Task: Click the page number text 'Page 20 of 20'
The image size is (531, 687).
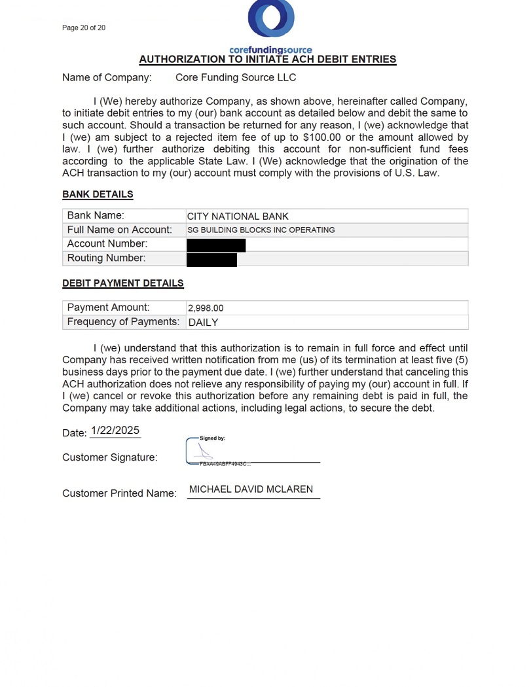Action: (84, 27)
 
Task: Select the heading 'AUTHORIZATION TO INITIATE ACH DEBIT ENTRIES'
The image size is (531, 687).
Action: (267, 59)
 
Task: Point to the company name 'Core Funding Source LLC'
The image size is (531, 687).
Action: (236, 77)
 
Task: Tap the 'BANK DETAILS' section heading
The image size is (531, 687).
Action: (98, 194)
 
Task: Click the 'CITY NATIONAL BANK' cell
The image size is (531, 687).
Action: (238, 216)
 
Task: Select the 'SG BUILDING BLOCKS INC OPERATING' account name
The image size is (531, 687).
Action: (261, 230)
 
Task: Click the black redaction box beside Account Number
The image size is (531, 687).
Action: (216, 245)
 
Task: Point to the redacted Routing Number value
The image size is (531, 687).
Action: (211, 259)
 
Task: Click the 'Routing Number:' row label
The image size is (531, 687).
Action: (106, 258)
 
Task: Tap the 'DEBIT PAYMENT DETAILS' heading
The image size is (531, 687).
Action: (122, 283)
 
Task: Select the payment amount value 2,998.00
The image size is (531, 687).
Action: (206, 308)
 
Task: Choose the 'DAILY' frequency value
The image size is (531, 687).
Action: (203, 322)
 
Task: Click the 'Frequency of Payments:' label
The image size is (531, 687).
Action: (123, 321)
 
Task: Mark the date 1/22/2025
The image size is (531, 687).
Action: (115, 431)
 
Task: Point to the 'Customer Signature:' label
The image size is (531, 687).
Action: (109, 457)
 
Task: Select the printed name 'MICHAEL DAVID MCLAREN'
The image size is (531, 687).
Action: (251, 489)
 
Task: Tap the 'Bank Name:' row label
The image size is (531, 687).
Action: (96, 215)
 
